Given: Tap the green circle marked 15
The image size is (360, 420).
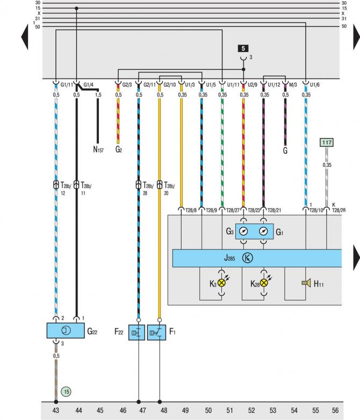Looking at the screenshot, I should click(x=66, y=391).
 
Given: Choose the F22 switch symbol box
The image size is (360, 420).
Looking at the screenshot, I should click(x=138, y=332).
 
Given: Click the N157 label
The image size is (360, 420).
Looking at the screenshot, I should click(x=98, y=150).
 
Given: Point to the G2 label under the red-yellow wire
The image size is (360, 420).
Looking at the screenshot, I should click(x=119, y=150).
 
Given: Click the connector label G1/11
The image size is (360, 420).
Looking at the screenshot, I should click(x=67, y=85).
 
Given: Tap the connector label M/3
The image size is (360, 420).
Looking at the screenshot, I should click(x=293, y=85).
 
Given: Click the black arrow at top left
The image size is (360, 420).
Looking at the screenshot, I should click(x=24, y=38).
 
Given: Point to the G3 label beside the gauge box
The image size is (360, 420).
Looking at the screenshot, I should click(x=229, y=231).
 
